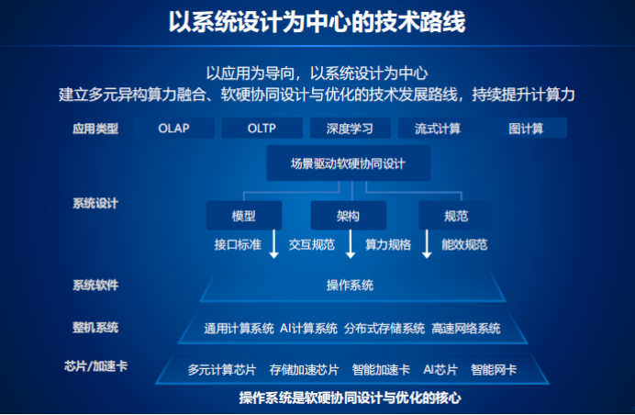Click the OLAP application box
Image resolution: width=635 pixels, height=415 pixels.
tap(173, 128)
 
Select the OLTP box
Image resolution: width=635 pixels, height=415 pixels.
tap(262, 128)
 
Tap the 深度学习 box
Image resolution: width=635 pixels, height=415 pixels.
tap(351, 128)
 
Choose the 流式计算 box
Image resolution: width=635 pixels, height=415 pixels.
tap(439, 128)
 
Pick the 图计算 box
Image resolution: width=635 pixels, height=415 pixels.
tap(526, 128)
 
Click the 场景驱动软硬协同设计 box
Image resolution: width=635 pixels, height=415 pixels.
tap(349, 163)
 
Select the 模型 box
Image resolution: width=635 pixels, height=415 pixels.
tap(244, 216)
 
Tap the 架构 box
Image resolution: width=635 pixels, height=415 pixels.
tap(349, 216)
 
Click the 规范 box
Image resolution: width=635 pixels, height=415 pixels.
tap(456, 216)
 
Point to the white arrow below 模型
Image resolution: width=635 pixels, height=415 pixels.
tap(274, 244)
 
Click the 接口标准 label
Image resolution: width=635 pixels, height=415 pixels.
tap(238, 245)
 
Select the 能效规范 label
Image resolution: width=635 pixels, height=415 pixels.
tap(464, 245)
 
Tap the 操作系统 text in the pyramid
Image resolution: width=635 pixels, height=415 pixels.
tap(350, 286)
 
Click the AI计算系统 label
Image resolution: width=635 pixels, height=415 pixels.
tap(308, 329)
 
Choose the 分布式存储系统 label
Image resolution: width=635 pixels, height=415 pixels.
tap(384, 329)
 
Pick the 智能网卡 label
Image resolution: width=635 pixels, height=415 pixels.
tap(494, 370)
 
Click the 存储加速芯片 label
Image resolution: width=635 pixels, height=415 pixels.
tap(304, 370)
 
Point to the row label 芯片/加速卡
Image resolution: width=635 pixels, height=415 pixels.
tap(96, 366)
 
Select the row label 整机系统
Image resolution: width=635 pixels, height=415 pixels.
tap(95, 327)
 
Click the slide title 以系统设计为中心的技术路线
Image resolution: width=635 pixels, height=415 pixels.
tap(317, 21)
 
